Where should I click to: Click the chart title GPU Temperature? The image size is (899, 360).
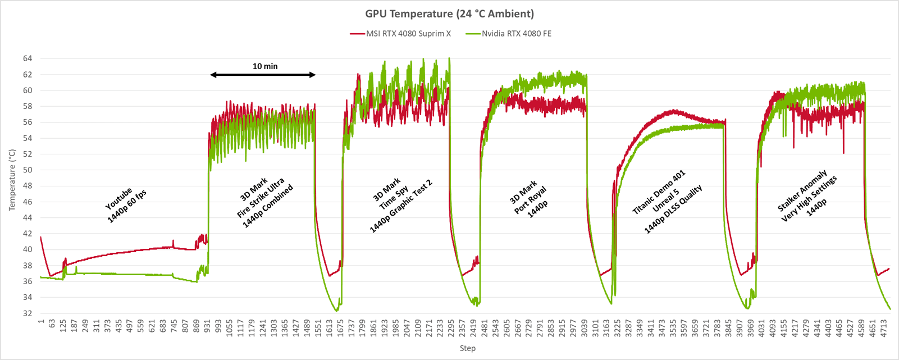click(449, 14)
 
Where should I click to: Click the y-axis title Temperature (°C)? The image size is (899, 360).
click(12, 180)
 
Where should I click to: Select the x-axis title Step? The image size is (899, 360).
click(467, 348)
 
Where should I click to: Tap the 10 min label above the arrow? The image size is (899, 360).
click(265, 66)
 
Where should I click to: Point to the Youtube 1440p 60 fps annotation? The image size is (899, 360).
click(126, 204)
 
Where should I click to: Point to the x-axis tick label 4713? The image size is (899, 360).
click(884, 326)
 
